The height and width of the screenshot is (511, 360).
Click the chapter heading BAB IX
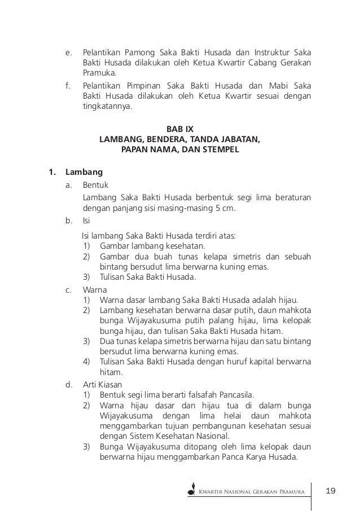179,129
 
